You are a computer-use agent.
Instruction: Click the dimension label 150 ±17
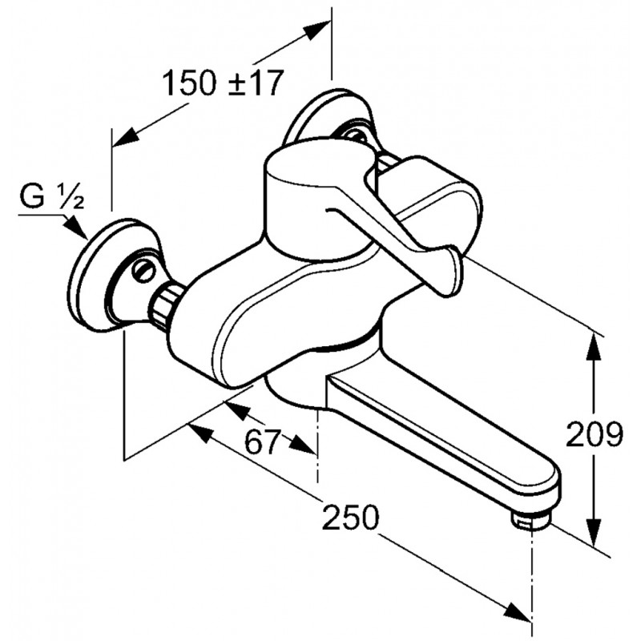pos(223,83)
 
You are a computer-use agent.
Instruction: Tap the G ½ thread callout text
pos(52,197)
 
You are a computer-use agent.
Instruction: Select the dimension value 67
pos(263,442)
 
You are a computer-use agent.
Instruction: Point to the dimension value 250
pos(350,517)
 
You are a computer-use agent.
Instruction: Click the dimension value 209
pos(595,434)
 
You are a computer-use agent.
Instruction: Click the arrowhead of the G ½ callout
pos(77,228)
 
